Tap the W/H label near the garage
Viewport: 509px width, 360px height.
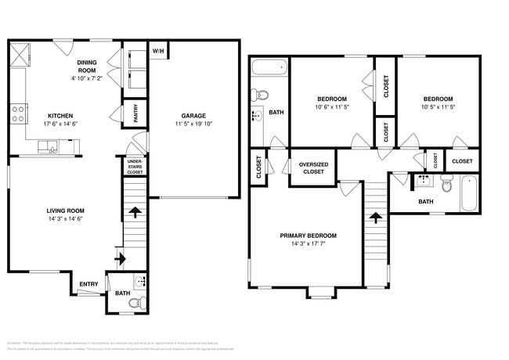[158, 52]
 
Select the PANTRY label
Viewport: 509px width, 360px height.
[135, 113]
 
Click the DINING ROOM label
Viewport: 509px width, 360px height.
[86, 66]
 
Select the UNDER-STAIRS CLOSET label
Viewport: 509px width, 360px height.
[135, 167]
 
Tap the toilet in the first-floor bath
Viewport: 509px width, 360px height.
[135, 302]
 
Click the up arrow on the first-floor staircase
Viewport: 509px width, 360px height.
[135, 211]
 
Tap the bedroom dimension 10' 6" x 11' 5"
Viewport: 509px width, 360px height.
[332, 107]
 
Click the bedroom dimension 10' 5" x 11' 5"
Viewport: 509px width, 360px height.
[438, 107]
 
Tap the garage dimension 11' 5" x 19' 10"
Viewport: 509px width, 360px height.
[193, 124]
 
